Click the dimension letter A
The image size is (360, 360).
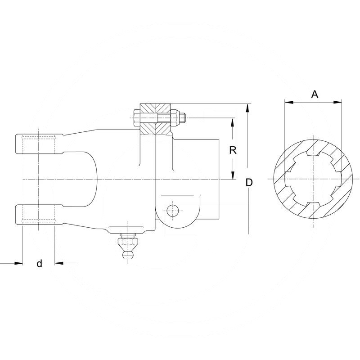(315, 94)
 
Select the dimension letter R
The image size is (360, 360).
(233, 150)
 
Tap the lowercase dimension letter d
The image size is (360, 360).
(39, 264)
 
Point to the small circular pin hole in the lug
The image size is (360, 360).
(171, 209)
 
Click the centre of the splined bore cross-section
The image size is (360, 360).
(312, 179)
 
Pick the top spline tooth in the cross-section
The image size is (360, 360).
(312, 154)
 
